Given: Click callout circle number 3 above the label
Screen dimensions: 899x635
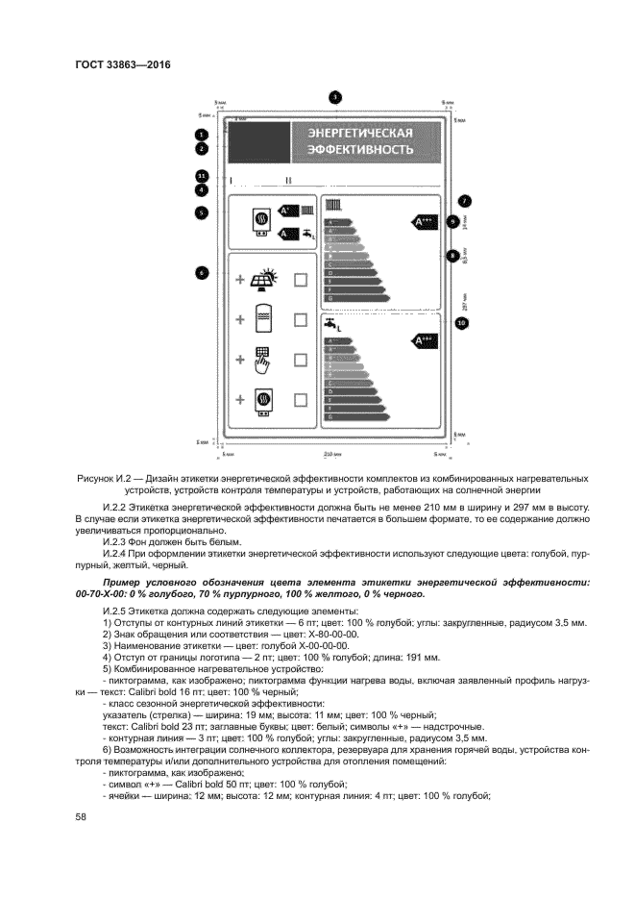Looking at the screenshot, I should pyautogui.click(x=334, y=97).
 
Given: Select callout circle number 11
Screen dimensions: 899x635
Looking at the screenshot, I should pyautogui.click(x=202, y=176).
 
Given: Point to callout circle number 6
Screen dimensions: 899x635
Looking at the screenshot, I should pyautogui.click(x=202, y=272).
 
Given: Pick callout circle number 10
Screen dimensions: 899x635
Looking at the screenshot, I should pyautogui.click(x=461, y=323).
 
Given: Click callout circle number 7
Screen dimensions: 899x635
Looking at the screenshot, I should pyautogui.click(x=464, y=201).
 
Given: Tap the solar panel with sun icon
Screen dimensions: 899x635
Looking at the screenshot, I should pyautogui.click(x=262, y=279).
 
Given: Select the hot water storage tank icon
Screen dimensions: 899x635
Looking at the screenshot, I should pyautogui.click(x=262, y=318).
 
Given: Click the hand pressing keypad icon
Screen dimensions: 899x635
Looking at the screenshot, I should pyautogui.click(x=262, y=360).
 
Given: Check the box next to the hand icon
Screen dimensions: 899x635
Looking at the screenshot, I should pyautogui.click(x=300, y=360).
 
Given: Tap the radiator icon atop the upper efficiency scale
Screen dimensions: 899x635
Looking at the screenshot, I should pyautogui.click(x=333, y=205).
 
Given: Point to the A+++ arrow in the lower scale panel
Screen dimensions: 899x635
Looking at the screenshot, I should pyautogui.click(x=424, y=339).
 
